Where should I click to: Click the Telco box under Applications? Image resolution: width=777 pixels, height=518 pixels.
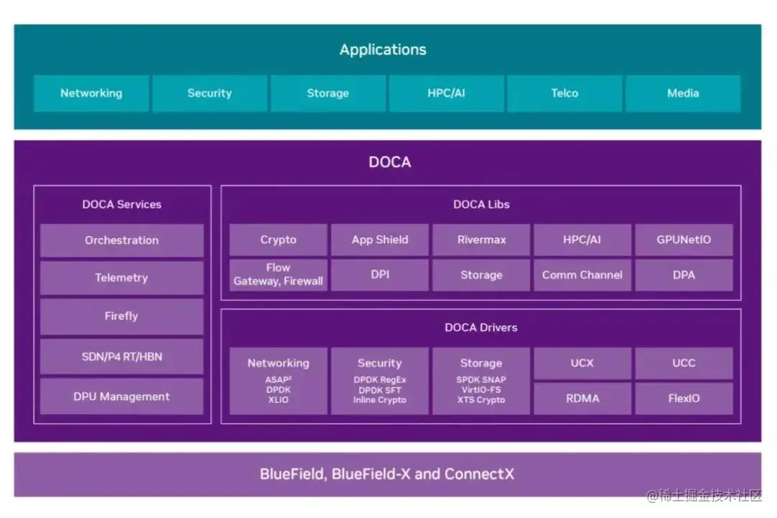point(565,94)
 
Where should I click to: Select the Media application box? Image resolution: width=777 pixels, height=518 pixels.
point(683,94)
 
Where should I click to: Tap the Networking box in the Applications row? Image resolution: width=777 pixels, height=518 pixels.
point(91,94)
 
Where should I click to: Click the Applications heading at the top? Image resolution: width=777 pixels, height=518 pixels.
point(383,50)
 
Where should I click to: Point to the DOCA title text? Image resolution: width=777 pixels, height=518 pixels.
point(389,162)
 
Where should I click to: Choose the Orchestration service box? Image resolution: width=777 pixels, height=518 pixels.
point(122,240)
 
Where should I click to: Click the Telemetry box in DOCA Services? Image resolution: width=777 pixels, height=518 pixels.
point(122,278)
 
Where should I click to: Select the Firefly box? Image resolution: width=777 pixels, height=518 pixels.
point(122,316)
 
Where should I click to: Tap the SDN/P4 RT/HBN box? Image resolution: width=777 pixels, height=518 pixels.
point(122,357)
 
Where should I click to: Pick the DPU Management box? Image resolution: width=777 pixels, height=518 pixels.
point(122,396)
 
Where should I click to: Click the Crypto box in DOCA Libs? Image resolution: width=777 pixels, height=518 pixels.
point(278,240)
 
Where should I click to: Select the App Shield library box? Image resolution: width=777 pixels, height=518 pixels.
point(380,240)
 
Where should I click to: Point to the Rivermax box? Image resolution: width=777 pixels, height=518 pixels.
point(481,240)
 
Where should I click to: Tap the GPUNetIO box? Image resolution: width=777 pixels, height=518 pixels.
point(683,240)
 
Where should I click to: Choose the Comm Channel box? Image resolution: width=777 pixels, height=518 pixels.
point(582,275)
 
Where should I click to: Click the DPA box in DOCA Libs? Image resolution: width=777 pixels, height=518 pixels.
point(683,275)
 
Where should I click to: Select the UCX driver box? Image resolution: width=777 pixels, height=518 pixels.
point(582,363)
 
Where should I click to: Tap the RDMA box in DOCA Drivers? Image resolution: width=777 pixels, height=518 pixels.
point(582,398)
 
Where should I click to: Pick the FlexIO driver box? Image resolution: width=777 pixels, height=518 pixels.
point(683,398)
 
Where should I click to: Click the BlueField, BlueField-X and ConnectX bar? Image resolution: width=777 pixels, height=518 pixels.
point(387,474)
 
